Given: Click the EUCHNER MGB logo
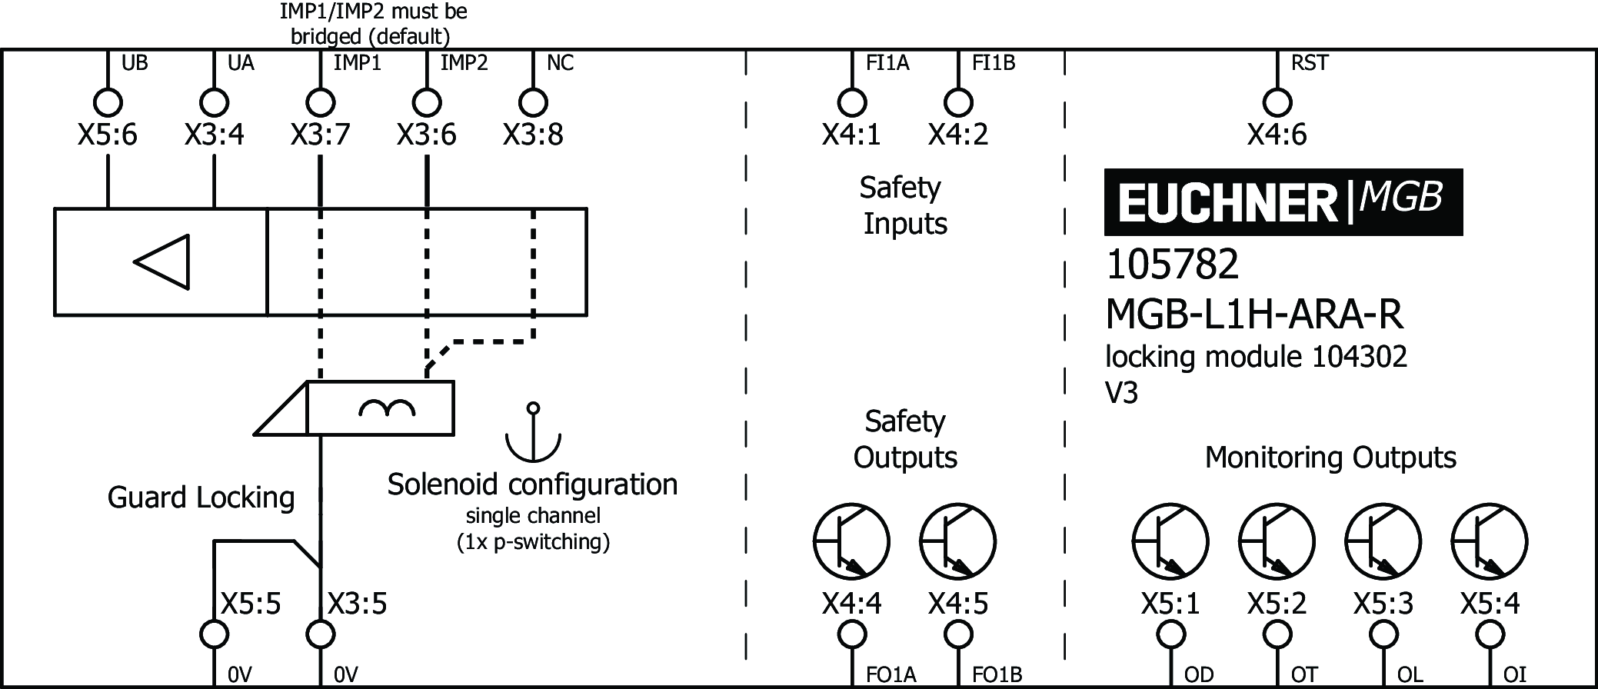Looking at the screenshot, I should pyautogui.click(x=1283, y=201).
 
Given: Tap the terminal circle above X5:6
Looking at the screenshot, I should pyautogui.click(x=108, y=102).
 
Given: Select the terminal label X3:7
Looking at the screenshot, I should pyautogui.click(x=320, y=135).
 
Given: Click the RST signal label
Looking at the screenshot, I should pyautogui.click(x=1310, y=63).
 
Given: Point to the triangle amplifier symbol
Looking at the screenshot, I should pyautogui.click(x=163, y=262).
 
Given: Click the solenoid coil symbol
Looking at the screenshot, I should pyautogui.click(x=387, y=408).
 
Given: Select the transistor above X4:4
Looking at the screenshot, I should pyautogui.click(x=851, y=541).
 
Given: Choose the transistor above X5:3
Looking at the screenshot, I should pyautogui.click(x=1383, y=541).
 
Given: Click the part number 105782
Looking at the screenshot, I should pyautogui.click(x=1172, y=265).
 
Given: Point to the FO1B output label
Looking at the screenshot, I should pyautogui.click(x=997, y=674).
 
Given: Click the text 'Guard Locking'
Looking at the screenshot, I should pyautogui.click(x=201, y=498).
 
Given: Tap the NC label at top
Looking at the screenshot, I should pyautogui.click(x=560, y=63).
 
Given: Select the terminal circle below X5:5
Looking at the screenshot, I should pyautogui.click(x=214, y=635).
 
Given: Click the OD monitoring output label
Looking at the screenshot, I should pyautogui.click(x=1198, y=674).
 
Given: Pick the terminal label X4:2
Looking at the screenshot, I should pyautogui.click(x=957, y=135).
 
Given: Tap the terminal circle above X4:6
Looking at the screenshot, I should pyautogui.click(x=1277, y=102).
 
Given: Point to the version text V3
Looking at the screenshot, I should pyautogui.click(x=1121, y=393).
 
